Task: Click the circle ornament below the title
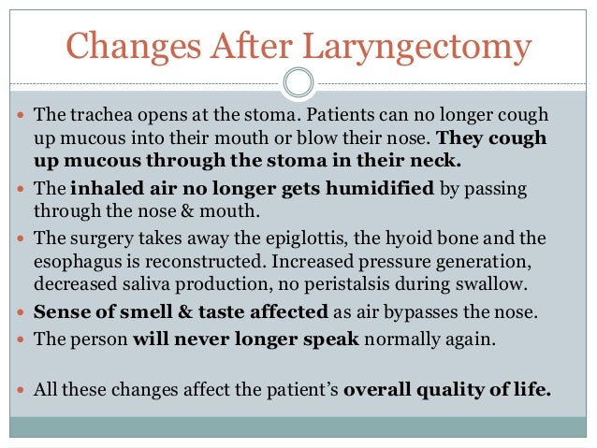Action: click(x=298, y=84)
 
